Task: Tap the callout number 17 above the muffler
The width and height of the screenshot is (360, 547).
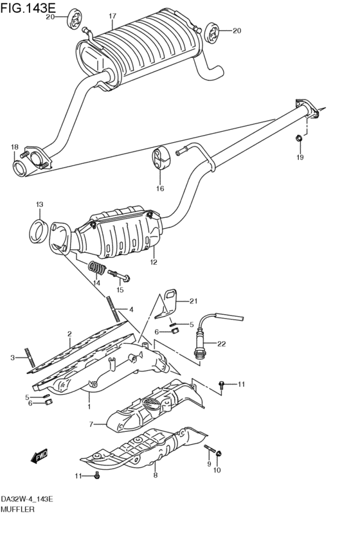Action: pyautogui.click(x=113, y=16)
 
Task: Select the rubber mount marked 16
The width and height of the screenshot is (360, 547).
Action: pyautogui.click(x=161, y=157)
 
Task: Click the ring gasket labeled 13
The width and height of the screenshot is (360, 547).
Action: pyautogui.click(x=38, y=231)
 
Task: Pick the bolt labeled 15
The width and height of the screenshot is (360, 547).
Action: pyautogui.click(x=119, y=276)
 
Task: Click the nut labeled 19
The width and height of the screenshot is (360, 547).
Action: pyautogui.click(x=299, y=138)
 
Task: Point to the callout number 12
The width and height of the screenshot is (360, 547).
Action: pyautogui.click(x=154, y=262)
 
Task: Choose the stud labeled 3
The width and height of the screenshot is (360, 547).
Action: pyautogui.click(x=31, y=357)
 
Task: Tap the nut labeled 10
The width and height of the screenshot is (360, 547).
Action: pyautogui.click(x=219, y=454)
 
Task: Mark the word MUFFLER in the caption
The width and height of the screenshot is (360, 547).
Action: pyautogui.click(x=18, y=509)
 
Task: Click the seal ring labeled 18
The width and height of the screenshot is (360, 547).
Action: pyautogui.click(x=19, y=168)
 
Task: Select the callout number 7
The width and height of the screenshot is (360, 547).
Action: pyautogui.click(x=91, y=424)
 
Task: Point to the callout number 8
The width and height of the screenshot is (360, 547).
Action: pyautogui.click(x=155, y=475)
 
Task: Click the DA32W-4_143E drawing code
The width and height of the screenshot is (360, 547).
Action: pyautogui.click(x=27, y=499)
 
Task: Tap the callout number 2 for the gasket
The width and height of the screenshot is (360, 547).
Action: pyautogui.click(x=69, y=334)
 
